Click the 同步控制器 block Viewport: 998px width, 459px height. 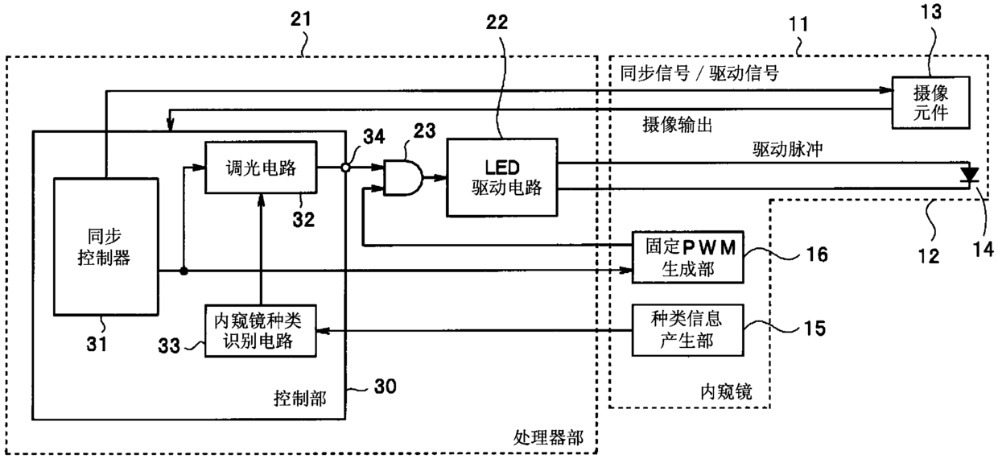click(x=106, y=247)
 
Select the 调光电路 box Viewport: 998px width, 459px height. click(x=261, y=167)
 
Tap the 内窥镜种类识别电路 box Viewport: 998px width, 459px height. click(x=261, y=331)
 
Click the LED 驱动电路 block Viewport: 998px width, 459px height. click(x=502, y=178)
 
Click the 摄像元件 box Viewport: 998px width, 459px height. click(x=930, y=102)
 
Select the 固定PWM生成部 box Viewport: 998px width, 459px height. click(x=688, y=257)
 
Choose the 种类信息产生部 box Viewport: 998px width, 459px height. click(x=688, y=330)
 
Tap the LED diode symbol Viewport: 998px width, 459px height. click(x=969, y=175)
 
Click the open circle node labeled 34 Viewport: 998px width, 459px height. click(x=345, y=167)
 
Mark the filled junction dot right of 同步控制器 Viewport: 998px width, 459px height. click(x=184, y=271)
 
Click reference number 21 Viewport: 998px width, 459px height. click(x=301, y=19)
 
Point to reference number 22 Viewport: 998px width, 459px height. click(x=497, y=23)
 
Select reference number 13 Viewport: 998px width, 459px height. click(x=931, y=12)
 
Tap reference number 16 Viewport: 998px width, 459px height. click(x=818, y=254)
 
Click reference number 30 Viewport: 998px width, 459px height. click(x=386, y=387)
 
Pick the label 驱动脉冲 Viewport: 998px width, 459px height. click(x=788, y=149)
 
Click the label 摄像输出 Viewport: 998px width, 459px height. click(x=677, y=125)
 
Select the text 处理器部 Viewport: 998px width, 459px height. click(x=548, y=438)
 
